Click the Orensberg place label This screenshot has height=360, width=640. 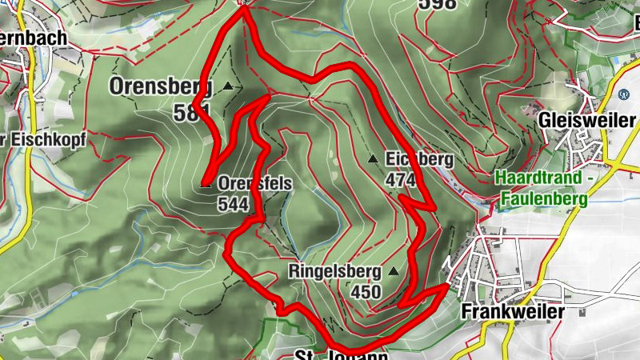[x=161, y=85]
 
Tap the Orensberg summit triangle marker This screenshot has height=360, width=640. [x=229, y=86]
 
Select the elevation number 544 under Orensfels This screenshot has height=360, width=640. [x=233, y=203]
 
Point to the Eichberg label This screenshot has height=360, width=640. [x=418, y=159]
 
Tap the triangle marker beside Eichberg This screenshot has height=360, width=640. [x=373, y=159]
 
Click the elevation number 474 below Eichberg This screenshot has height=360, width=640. [x=400, y=180]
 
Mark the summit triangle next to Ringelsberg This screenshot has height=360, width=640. [x=393, y=271]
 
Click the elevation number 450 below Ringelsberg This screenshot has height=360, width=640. [x=366, y=292]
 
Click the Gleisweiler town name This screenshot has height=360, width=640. [x=588, y=120]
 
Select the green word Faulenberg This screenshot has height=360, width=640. [x=544, y=197]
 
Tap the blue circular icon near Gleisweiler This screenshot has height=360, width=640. [x=624, y=94]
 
